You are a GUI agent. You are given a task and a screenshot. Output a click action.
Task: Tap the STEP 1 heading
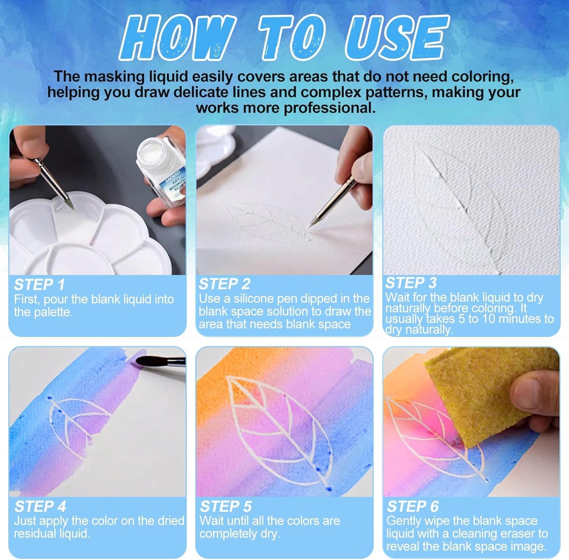pos(39,284)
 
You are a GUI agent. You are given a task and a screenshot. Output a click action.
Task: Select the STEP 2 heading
pos(224,284)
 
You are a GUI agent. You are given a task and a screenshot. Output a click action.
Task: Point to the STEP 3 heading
pos(411,283)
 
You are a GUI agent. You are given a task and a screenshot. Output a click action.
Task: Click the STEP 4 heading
pos(40,506)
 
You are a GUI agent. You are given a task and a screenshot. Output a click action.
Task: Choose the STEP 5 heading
pos(226,506)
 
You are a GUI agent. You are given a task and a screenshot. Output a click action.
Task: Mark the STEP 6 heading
pos(412,506)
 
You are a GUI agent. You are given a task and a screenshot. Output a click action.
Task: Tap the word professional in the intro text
pos(329,108)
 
